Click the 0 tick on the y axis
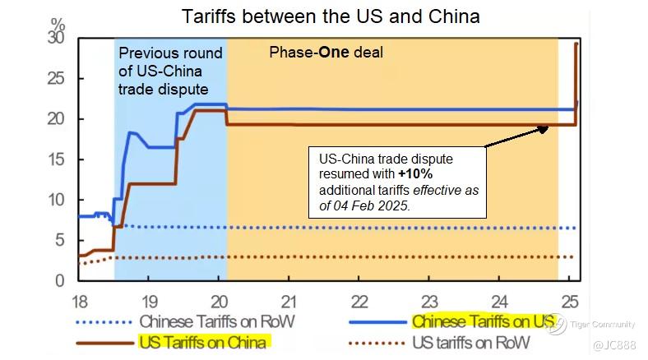click(x=59, y=280)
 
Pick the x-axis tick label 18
click(x=80, y=301)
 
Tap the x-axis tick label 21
click(x=289, y=301)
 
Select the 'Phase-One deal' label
click(x=326, y=53)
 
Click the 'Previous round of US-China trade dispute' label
click(x=170, y=71)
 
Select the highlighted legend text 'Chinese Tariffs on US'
click(x=482, y=321)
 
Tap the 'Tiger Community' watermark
click(x=605, y=325)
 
